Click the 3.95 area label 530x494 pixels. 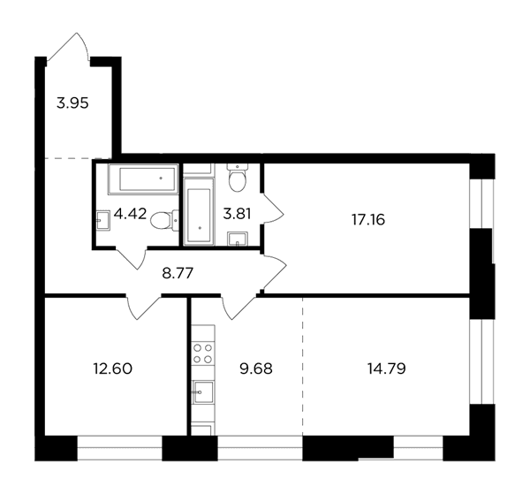pos(72,103)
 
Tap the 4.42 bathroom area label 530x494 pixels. pos(130,214)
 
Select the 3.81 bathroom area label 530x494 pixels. pos(237,214)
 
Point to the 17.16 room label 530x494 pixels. pos(368,220)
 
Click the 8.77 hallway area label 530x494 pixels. pos(178,273)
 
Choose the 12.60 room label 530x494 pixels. pos(113,369)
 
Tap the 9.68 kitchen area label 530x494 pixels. pos(256,369)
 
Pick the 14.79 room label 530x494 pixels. pos(387,369)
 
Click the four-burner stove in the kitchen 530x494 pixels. pos(203,353)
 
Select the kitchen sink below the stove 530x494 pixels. pos(203,392)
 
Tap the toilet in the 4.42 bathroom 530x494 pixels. pos(164,220)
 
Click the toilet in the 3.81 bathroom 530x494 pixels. pos(238,178)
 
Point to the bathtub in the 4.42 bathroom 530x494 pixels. pos(143,179)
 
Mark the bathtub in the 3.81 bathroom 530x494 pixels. pos(199,211)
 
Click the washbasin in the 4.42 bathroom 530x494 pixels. pos(103,220)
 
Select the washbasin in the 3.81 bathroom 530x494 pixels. pos(238,239)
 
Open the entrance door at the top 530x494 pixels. pos(68,47)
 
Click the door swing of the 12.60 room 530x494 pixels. pos(143,307)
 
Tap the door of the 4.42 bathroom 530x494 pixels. pos(131,258)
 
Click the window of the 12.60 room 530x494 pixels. pos(119,448)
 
